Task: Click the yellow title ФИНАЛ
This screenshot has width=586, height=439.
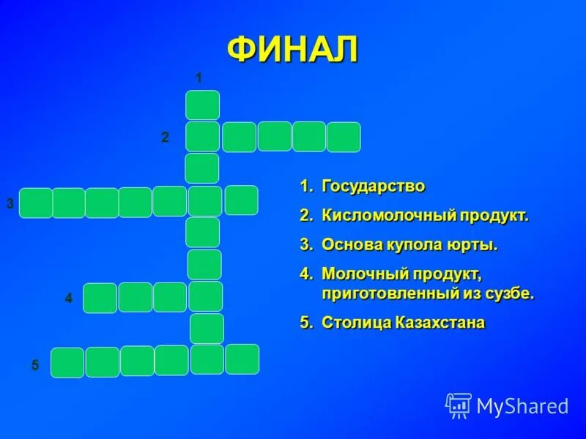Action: coord(292,50)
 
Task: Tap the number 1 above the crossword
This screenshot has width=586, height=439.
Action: coord(198,78)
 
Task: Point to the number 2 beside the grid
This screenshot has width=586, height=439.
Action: coord(166,138)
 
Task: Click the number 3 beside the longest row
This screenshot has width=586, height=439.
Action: coord(10,203)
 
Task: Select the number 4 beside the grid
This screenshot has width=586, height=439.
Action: coord(69,299)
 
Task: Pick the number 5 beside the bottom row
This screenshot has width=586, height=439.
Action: coord(34,365)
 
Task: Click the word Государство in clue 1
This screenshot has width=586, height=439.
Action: coord(374,187)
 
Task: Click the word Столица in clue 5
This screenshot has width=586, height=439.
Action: coord(355,323)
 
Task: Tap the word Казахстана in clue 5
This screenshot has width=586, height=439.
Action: coord(439,323)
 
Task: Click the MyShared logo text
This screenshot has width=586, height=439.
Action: coord(522,406)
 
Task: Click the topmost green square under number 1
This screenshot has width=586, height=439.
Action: coord(202,105)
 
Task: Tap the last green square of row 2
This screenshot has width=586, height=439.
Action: coord(344,138)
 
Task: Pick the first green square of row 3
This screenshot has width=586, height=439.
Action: coord(36,203)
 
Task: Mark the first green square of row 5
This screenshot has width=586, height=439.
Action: coord(67,363)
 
